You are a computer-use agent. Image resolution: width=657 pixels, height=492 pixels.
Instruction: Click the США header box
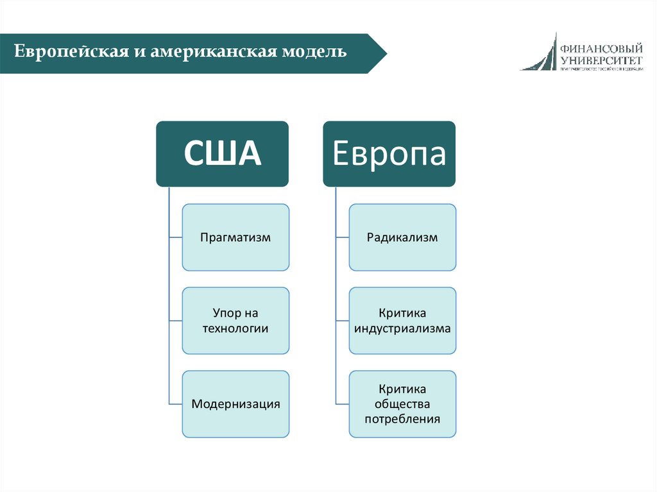pos(222,154)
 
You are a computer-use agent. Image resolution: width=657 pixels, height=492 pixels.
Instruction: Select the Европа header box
pos(389,154)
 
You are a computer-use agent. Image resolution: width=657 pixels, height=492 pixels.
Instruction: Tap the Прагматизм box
pos(235,237)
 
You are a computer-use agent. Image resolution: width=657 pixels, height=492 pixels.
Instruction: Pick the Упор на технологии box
pos(235,321)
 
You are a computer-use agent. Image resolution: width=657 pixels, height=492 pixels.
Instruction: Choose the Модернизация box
pos(235,404)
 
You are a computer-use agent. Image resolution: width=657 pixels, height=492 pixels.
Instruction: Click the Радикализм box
pos(402,237)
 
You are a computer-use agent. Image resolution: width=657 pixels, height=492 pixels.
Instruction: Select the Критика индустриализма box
pos(402,321)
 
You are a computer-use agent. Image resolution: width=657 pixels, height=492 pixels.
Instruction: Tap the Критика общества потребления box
pos(402,404)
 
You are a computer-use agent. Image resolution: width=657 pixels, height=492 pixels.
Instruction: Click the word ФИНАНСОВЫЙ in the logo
pos(601,49)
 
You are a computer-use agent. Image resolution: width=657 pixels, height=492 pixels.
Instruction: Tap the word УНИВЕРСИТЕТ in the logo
pos(601,60)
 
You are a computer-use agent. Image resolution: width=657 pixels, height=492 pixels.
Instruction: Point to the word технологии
pos(235,328)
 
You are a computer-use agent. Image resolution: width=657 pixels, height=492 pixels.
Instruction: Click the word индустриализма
pos(402,328)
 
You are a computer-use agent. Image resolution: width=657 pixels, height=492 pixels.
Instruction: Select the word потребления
pos(402,420)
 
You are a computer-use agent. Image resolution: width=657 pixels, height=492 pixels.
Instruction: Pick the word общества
pos(402,404)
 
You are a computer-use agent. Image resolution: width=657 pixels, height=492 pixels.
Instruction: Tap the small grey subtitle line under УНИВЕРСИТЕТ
pos(601,68)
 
